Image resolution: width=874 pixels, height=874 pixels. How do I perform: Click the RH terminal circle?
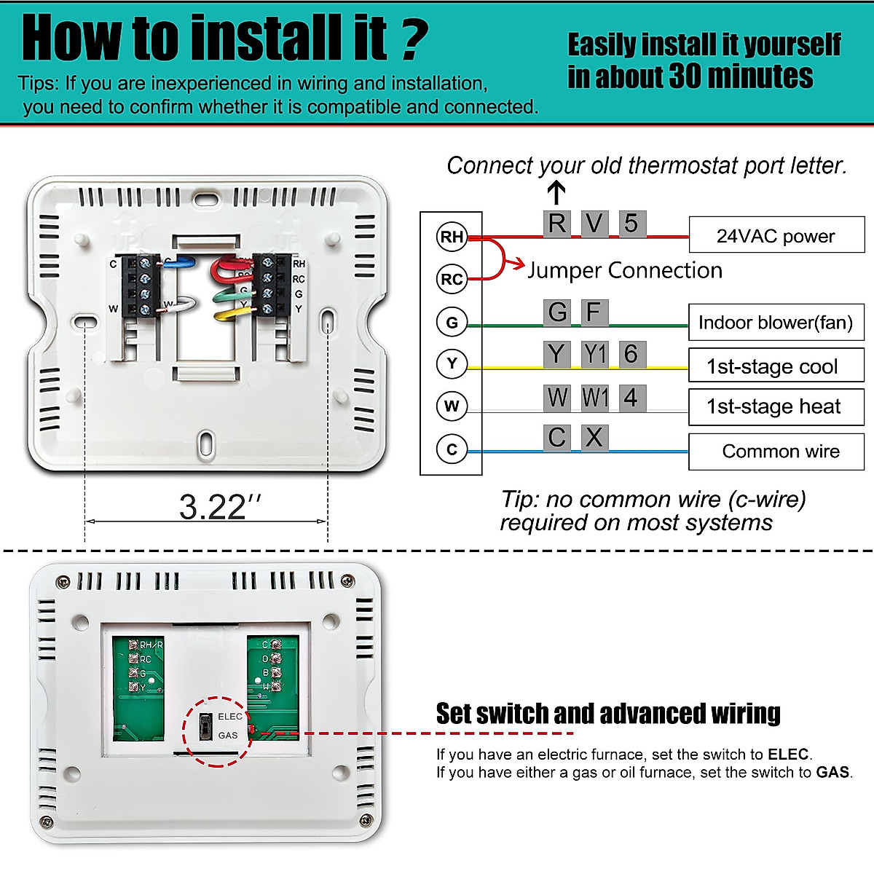452,237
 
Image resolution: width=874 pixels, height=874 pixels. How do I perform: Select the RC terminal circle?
452,279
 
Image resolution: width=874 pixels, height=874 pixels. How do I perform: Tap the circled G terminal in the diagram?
452,322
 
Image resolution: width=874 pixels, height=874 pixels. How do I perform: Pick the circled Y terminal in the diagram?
452,363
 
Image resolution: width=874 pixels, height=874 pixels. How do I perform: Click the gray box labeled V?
594,224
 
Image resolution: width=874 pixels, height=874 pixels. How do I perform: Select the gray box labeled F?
594,312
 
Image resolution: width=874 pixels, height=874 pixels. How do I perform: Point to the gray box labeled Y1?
594,355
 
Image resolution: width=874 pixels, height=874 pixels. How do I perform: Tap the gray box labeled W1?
594,398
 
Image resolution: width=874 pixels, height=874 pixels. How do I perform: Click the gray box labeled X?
594,438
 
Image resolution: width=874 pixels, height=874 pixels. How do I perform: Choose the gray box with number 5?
631,224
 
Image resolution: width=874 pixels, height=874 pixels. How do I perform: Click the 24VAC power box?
776,235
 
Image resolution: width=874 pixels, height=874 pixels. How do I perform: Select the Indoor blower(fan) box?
776,323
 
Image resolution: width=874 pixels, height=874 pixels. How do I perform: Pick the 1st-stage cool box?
776,366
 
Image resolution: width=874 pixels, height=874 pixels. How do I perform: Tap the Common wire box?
776,452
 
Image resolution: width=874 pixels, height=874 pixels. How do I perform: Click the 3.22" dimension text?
219,507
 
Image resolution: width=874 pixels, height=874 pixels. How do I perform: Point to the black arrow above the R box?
556,193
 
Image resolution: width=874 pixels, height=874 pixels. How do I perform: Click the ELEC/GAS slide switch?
206,726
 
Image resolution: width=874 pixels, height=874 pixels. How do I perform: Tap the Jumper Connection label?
625,270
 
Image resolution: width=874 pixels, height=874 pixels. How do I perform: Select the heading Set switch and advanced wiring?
608,714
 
